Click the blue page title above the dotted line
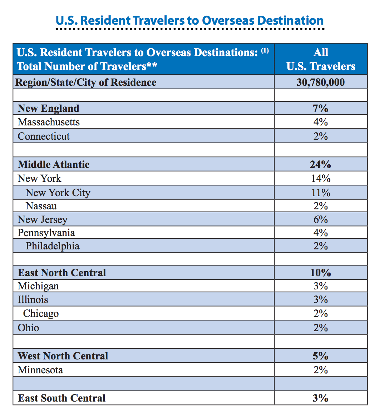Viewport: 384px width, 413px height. tap(189, 21)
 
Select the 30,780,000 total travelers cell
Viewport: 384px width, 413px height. tap(320, 82)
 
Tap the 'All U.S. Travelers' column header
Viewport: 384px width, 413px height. tap(321, 59)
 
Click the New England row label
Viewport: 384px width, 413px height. tap(49, 108)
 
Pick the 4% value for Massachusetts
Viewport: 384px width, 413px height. tap(320, 122)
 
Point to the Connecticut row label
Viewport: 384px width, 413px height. tap(44, 136)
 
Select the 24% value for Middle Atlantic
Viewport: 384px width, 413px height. tap(320, 164)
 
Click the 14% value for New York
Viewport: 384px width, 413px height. tap(321, 178)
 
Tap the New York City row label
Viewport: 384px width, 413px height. tap(58, 193)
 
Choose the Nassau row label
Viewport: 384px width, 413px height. tap(41, 206)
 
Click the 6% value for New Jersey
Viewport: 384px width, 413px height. tap(320, 219)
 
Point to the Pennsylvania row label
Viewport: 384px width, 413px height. tap(46, 233)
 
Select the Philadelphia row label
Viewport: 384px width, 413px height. tap(53, 246)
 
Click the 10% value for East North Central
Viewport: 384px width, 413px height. tap(320, 273)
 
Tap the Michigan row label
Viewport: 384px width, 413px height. tap(38, 286)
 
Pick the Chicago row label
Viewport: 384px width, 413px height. tap(41, 313)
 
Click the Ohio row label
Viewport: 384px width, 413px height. tap(29, 328)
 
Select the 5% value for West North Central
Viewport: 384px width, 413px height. tap(320, 356)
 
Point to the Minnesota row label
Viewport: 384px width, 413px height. tap(40, 370)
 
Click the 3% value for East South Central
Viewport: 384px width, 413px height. tap(320, 398)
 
